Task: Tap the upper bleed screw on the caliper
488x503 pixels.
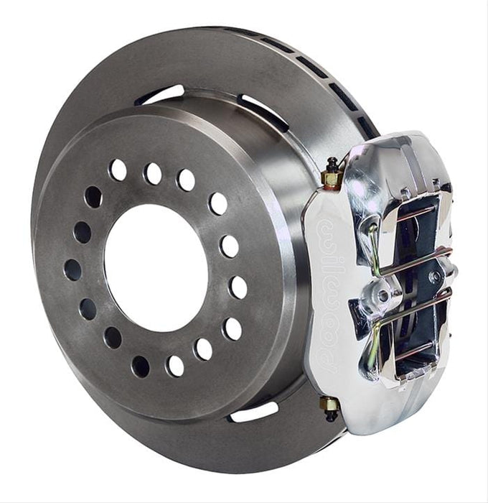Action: pos(333,172)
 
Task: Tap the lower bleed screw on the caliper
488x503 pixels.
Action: pos(330,407)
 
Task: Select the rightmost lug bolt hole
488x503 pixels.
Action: pos(238,287)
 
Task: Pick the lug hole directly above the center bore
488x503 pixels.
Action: pos(153,173)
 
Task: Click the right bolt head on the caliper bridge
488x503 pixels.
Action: pos(433,276)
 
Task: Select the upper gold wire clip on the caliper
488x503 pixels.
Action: pos(372,244)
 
